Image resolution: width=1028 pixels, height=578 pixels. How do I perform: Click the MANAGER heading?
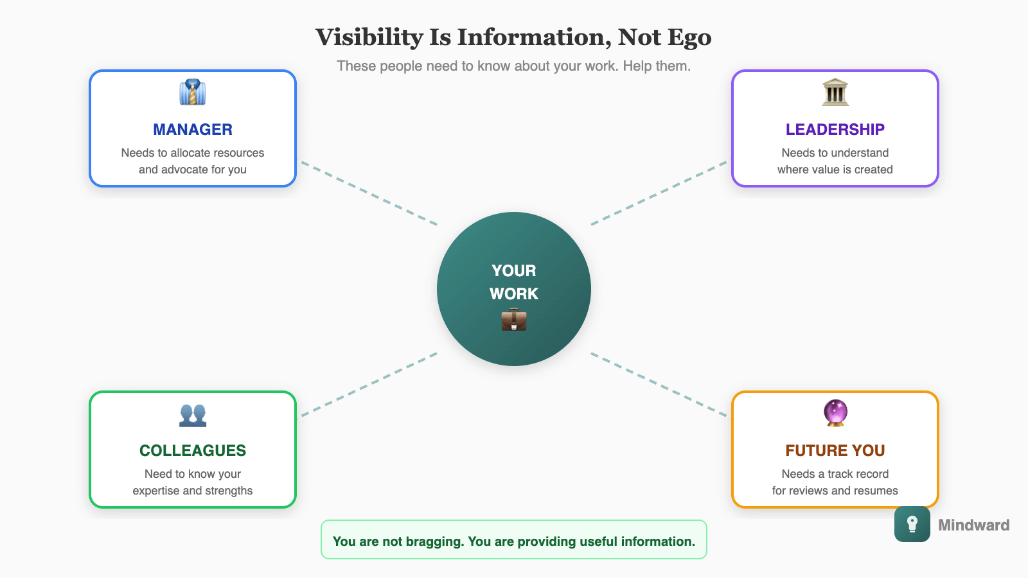(193, 130)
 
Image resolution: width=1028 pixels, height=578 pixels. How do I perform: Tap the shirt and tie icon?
(193, 92)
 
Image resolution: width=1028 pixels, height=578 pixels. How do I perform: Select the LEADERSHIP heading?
(835, 130)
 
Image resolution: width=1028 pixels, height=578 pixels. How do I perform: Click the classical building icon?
(835, 92)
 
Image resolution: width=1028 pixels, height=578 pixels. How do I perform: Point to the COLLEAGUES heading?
(193, 451)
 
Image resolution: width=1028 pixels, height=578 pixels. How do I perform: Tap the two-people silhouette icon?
(193, 415)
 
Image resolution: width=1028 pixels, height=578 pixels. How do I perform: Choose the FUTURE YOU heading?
(835, 451)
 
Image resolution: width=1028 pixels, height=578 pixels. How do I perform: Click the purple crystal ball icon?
(835, 413)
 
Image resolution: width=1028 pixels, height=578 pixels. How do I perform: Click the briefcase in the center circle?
(514, 319)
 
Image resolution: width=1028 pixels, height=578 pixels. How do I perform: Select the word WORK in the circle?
(514, 294)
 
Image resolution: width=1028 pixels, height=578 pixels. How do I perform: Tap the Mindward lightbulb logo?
(912, 524)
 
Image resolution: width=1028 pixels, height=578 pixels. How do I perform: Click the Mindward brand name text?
(973, 525)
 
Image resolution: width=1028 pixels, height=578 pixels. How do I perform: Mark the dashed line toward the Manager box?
(369, 193)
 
